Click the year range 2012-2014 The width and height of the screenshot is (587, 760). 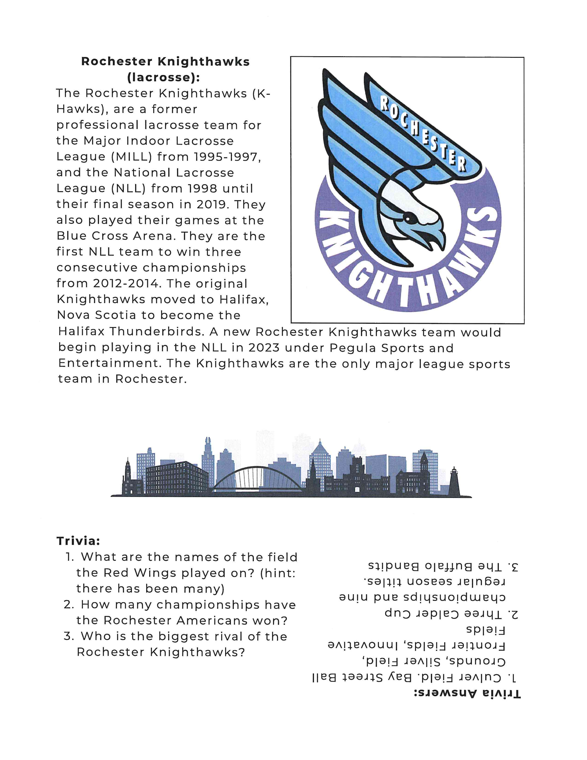(x=127, y=283)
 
